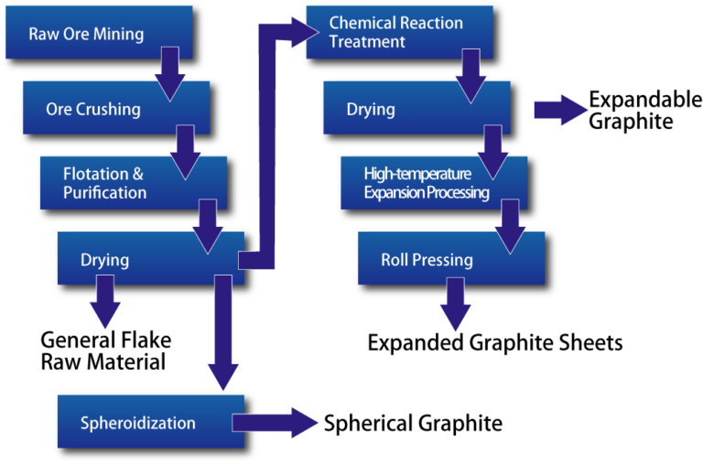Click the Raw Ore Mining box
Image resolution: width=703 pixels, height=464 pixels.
(x=87, y=35)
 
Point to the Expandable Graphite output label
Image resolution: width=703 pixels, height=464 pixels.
(x=644, y=111)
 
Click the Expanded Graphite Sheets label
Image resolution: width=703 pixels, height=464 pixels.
(x=494, y=343)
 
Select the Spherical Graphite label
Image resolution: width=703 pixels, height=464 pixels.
(x=413, y=424)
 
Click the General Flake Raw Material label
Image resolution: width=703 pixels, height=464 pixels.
(x=105, y=351)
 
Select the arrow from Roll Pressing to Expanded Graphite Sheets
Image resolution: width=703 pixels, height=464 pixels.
(x=454, y=303)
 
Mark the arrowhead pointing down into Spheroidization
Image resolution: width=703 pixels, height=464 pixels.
(x=222, y=375)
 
